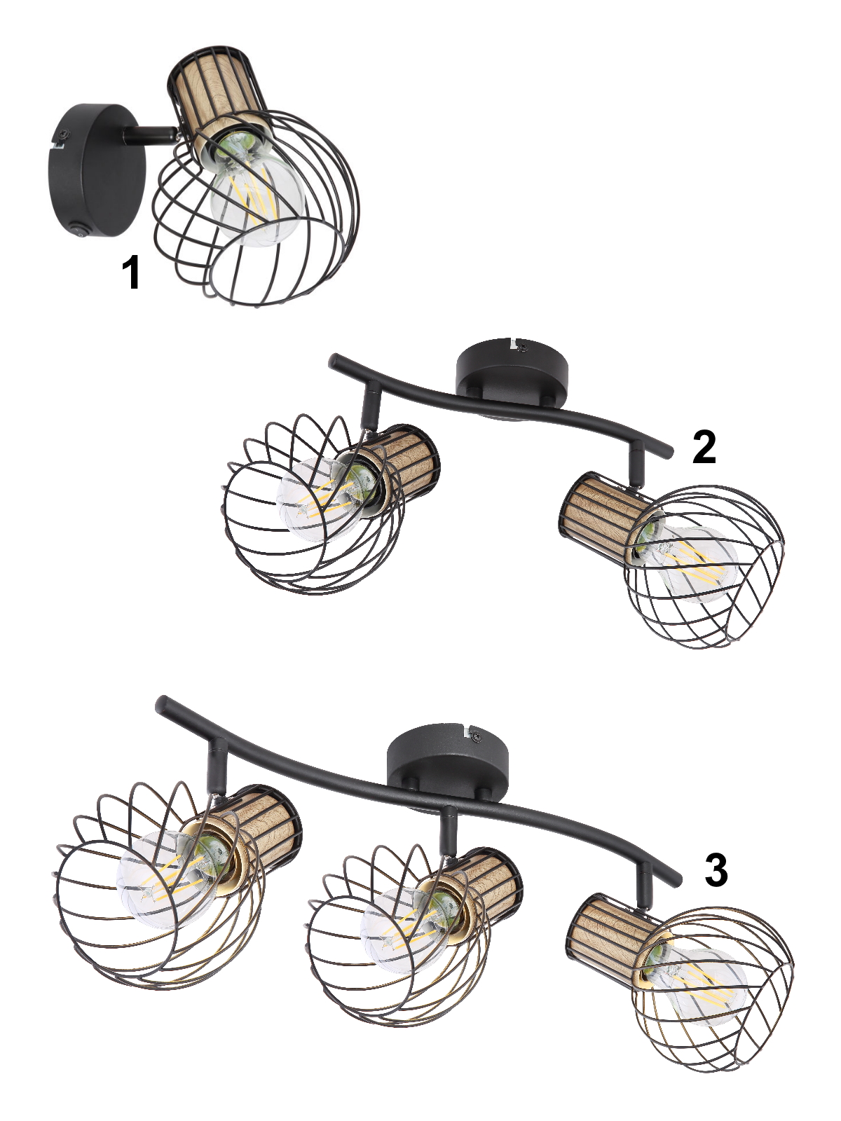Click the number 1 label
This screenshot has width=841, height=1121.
131,273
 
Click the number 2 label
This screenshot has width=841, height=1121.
704,447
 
